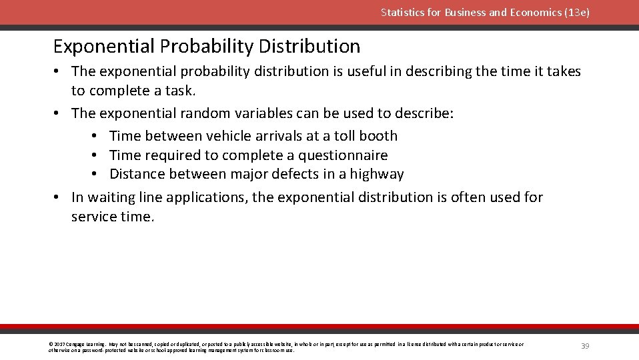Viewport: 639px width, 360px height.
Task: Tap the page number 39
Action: pyautogui.click(x=585, y=346)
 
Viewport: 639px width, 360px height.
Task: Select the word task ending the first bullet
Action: pyautogui.click(x=180, y=91)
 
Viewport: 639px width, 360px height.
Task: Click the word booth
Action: pyautogui.click(x=378, y=136)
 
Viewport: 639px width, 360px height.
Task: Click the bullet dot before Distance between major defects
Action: pyautogui.click(x=95, y=175)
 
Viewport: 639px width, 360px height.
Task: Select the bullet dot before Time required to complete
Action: pyautogui.click(x=95, y=155)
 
